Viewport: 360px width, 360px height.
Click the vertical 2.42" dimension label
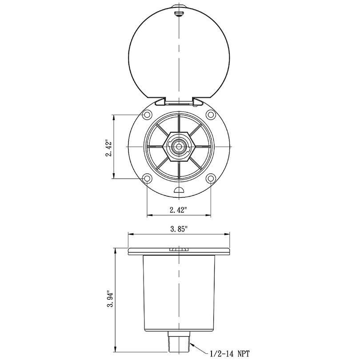(x=108, y=148)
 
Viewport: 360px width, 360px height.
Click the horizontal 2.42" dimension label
(x=178, y=210)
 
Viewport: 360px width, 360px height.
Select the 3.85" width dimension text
(x=179, y=229)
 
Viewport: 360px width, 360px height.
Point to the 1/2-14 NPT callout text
(x=229, y=353)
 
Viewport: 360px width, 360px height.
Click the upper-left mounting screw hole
(x=147, y=114)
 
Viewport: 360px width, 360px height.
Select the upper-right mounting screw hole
(x=211, y=114)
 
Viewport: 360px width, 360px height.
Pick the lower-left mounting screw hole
(x=147, y=178)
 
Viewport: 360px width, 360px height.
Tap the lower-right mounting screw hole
(x=211, y=178)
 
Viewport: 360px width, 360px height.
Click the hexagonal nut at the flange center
(x=179, y=147)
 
